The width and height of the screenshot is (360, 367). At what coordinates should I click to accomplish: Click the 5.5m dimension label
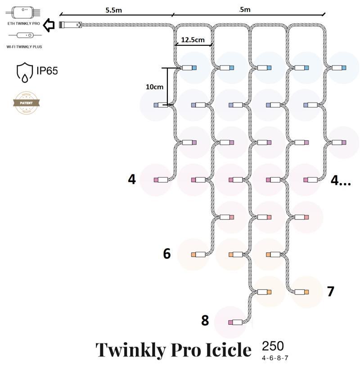click(x=114, y=10)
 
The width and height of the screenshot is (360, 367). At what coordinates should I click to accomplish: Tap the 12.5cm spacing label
click(x=193, y=40)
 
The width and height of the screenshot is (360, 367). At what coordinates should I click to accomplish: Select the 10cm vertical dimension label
click(x=154, y=87)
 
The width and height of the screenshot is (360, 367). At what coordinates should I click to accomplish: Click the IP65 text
click(x=47, y=71)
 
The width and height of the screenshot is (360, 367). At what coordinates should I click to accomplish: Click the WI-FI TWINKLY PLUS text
click(x=24, y=46)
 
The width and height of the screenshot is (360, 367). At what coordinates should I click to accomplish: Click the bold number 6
click(x=167, y=254)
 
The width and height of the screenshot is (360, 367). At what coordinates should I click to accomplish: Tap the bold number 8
click(x=205, y=321)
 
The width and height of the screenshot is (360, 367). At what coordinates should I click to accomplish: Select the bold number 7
click(x=331, y=291)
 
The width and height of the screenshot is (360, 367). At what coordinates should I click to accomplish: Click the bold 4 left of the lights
click(x=131, y=179)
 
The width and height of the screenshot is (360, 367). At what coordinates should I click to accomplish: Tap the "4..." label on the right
click(x=340, y=180)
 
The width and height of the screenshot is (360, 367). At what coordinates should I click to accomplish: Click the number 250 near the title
click(x=273, y=346)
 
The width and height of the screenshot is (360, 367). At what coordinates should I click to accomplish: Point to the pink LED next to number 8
click(x=231, y=322)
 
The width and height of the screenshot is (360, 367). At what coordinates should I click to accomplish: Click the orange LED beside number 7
click(x=306, y=292)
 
